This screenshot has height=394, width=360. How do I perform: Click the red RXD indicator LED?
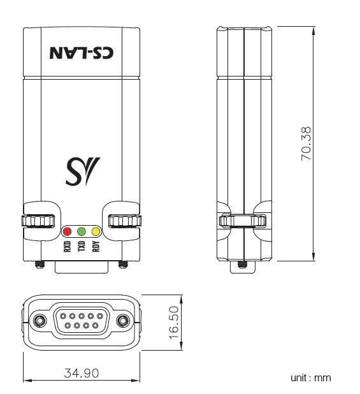click(66, 232)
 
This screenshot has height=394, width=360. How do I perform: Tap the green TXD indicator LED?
click(81, 232)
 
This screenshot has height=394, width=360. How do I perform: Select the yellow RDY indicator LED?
click(96, 232)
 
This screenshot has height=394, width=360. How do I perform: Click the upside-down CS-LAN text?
click(82, 52)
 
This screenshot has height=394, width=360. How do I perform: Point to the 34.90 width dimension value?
click(81, 372)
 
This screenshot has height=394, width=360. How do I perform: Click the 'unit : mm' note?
click(310, 378)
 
